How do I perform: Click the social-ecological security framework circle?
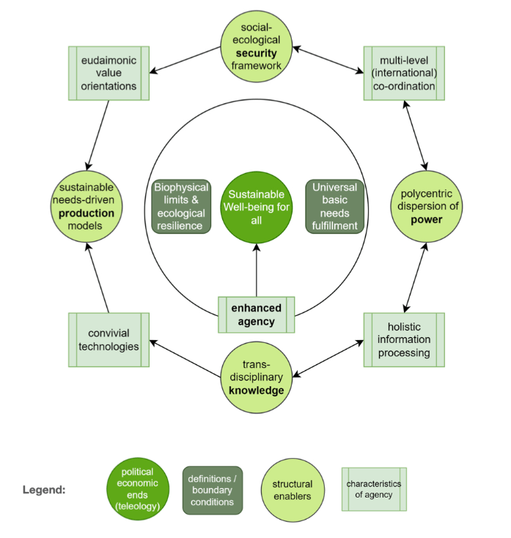(x=257, y=46)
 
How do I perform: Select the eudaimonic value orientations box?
(x=109, y=73)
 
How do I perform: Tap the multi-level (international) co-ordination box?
(x=404, y=73)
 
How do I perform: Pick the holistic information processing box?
(x=404, y=339)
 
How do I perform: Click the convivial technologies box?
(x=109, y=339)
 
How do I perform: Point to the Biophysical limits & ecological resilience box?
(x=181, y=207)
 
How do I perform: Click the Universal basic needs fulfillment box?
(x=334, y=207)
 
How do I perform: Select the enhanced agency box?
(x=257, y=315)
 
